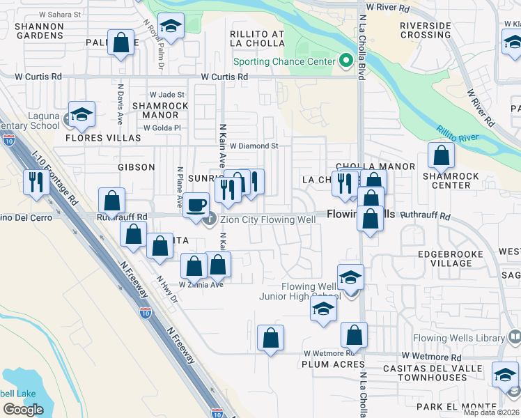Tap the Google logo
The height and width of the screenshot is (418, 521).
point(23,409)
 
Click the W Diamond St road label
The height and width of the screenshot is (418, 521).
point(254,146)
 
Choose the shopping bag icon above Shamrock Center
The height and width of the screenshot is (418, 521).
point(441,156)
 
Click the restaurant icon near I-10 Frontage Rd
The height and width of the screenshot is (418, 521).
point(35,182)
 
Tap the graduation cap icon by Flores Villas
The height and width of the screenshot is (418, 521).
point(81,114)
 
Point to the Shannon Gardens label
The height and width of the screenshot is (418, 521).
point(40,31)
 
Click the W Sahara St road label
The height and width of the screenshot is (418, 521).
point(60,14)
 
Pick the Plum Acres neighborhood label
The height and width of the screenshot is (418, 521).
point(329,364)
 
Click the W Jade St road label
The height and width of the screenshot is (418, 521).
point(166,95)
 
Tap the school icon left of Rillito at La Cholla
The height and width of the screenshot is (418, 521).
point(171,26)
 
